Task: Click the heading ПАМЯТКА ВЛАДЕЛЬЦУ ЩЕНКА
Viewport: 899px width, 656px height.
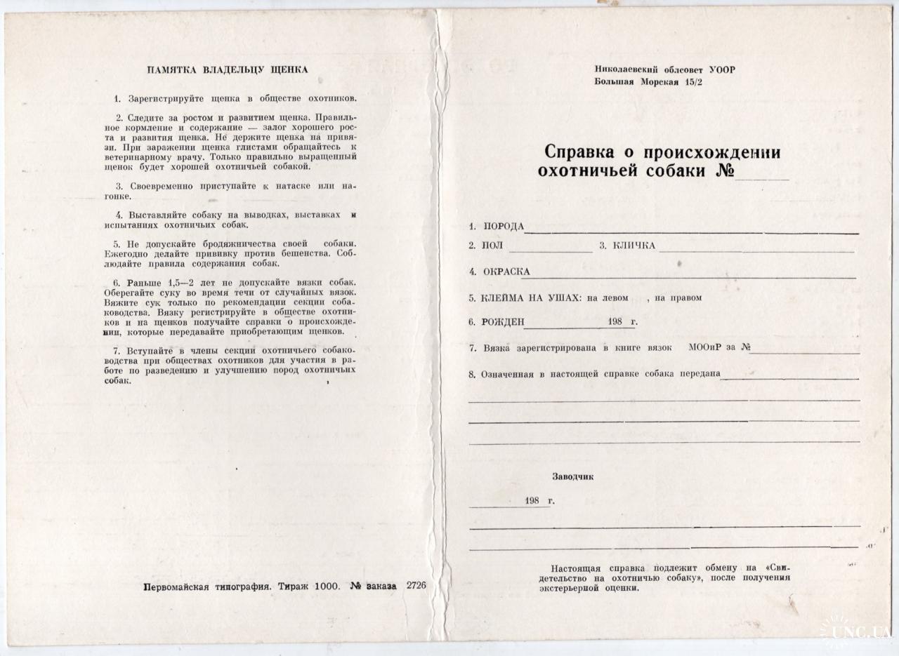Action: (x=227, y=69)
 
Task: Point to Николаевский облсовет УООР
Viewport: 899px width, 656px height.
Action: (x=664, y=69)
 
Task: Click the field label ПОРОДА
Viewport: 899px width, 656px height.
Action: (x=504, y=226)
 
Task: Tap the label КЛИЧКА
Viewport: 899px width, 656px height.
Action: (x=634, y=246)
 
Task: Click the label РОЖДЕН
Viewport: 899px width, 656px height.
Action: (x=503, y=322)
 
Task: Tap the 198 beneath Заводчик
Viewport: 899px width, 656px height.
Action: (x=531, y=502)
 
